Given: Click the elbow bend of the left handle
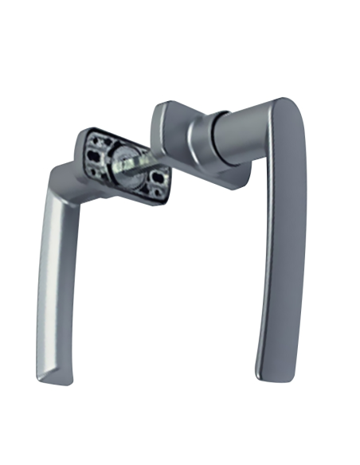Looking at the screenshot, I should [x=60, y=179].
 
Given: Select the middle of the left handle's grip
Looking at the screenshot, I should [x=53, y=279].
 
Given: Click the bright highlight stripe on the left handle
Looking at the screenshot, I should [x=49, y=263].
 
